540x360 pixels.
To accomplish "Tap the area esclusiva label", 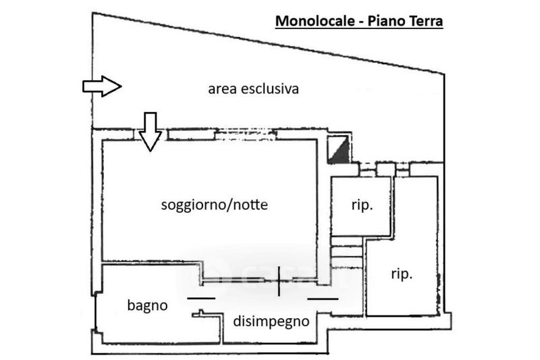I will click(253, 88).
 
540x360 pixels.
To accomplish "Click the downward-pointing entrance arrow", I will click(150, 130).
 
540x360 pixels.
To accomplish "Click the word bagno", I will click(147, 305).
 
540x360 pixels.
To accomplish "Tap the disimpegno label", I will click(271, 322).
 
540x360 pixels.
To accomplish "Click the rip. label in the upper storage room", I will click(362, 205).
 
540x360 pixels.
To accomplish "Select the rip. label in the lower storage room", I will click(401, 274).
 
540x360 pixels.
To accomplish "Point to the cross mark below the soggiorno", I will click(279, 282).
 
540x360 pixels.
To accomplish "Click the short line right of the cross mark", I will click(321, 297).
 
